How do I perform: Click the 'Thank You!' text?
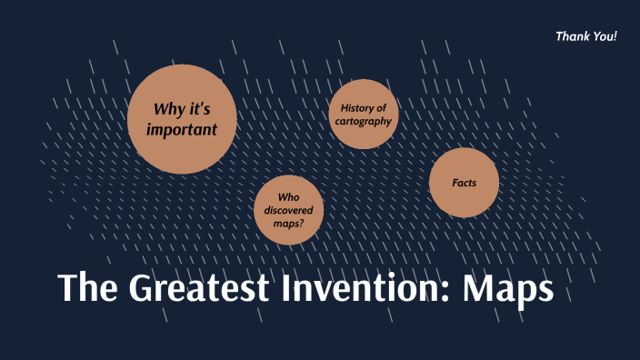585,36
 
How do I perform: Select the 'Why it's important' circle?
183,119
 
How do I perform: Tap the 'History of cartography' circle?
364,114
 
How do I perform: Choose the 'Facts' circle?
465,183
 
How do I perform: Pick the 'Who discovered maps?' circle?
288,210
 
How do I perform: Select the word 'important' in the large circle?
182,130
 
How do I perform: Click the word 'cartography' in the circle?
364,121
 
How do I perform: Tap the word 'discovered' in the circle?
288,210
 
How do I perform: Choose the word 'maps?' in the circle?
288,224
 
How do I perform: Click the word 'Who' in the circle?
288,196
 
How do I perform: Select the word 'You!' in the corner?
605,36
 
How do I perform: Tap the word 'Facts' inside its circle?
465,183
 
